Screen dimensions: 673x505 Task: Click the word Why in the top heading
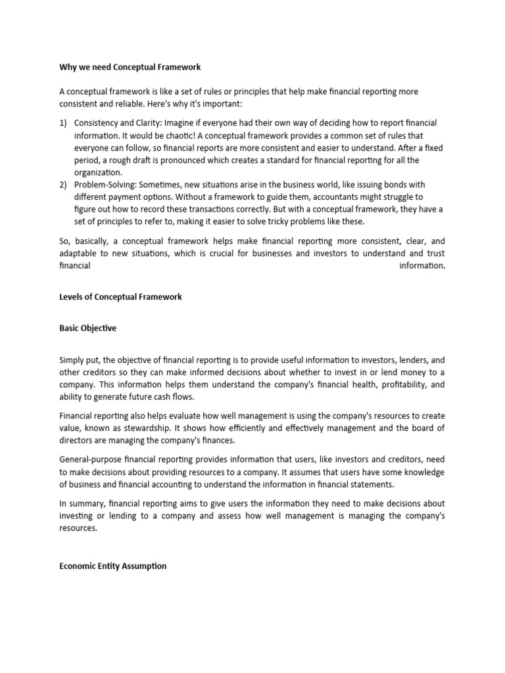pyautogui.click(x=68, y=67)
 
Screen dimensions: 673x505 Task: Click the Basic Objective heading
pyautogui.click(x=87, y=328)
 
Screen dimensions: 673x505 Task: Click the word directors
pyautogui.click(x=76, y=440)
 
